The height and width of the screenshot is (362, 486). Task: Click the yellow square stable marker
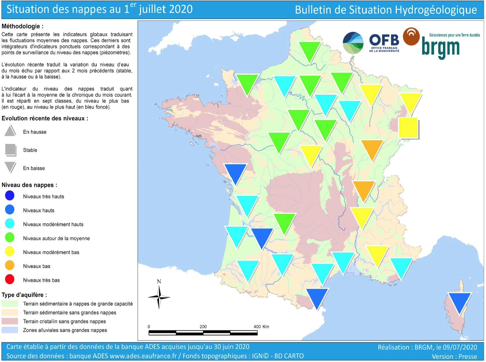(408, 127)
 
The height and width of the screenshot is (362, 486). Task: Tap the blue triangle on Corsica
(460, 301)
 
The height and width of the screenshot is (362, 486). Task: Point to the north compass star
(159, 297)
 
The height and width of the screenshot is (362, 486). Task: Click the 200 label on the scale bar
(203, 327)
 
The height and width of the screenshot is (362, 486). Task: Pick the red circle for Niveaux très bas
(10, 279)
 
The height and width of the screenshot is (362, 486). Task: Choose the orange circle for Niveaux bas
(10, 265)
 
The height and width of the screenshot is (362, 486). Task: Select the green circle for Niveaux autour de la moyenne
(10, 238)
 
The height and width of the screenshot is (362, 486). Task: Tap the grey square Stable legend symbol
(11, 150)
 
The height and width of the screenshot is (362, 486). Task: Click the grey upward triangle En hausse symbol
(10, 131)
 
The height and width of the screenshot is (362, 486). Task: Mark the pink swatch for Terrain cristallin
(10, 321)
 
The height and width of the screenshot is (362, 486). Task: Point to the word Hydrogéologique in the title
(436, 10)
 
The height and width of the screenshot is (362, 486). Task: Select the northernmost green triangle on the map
(309, 51)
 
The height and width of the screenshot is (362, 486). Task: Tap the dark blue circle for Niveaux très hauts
(10, 196)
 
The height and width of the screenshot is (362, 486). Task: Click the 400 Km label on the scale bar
(261, 327)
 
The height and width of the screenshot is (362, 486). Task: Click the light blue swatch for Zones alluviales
(10, 330)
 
